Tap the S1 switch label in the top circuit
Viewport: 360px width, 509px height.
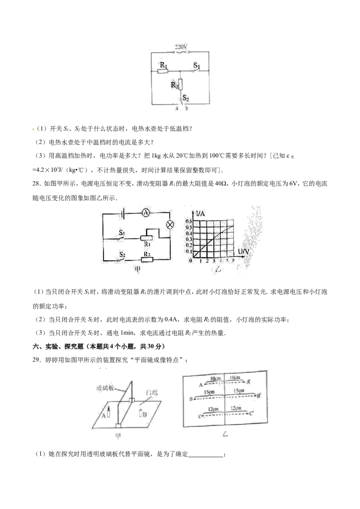click(197, 66)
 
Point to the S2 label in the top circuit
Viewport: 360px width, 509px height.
click(186, 97)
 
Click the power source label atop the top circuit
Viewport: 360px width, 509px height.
click(180, 46)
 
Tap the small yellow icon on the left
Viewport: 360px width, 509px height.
click(32, 129)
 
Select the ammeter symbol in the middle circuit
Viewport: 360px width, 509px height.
click(146, 214)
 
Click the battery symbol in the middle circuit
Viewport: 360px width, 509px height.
click(122, 214)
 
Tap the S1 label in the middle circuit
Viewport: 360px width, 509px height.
click(121, 234)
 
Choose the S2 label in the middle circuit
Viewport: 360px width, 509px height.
click(121, 255)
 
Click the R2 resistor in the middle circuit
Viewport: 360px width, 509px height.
click(146, 259)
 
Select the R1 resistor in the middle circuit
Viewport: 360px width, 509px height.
click(146, 237)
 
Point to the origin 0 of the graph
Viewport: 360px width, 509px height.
click(191, 260)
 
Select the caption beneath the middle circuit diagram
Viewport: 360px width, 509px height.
click(138, 269)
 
